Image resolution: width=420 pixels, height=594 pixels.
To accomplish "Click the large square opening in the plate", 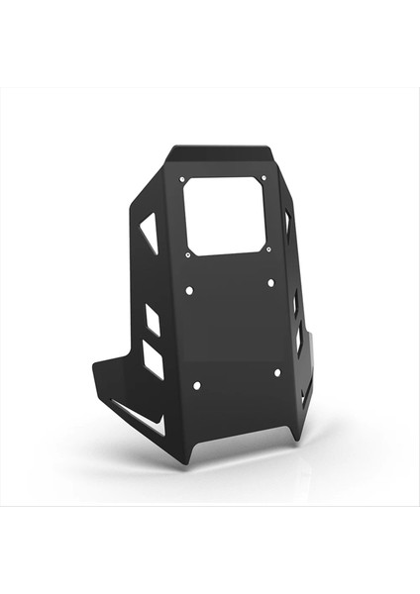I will [x=226, y=215].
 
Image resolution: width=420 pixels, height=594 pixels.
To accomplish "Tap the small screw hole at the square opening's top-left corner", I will [x=182, y=179].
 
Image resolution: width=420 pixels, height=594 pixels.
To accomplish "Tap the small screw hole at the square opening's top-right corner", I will [x=262, y=178].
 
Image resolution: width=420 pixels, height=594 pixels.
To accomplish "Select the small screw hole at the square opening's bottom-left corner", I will [x=188, y=253].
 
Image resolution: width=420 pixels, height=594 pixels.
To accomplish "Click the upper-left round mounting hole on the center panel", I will [x=189, y=290].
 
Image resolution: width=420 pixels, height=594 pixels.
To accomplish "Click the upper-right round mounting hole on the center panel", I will [x=270, y=283].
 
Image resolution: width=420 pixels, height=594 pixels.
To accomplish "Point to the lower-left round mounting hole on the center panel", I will [x=196, y=384].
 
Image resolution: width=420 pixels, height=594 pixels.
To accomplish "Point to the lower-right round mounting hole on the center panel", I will [x=276, y=373].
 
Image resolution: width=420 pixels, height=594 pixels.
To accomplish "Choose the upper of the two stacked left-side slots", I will [x=153, y=319].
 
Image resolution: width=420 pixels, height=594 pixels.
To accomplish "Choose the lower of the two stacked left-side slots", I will [x=154, y=358].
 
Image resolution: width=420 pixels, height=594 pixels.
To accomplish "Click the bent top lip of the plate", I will [x=223, y=153].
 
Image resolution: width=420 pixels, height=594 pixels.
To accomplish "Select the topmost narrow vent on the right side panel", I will [x=288, y=225].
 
